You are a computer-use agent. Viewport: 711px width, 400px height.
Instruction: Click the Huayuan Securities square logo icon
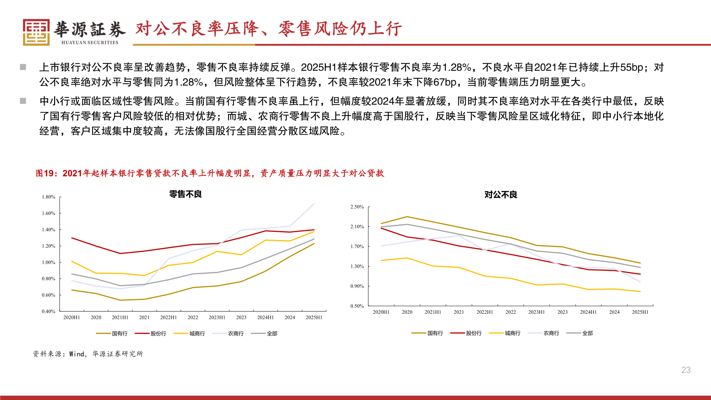click(36, 32)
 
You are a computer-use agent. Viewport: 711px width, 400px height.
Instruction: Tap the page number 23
click(686, 370)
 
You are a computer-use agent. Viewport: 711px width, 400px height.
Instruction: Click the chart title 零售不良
click(186, 194)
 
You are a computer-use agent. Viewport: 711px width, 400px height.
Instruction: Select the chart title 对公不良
click(501, 195)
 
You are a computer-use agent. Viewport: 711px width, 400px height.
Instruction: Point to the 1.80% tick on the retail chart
click(49, 197)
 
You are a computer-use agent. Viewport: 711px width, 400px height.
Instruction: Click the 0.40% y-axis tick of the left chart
click(49, 311)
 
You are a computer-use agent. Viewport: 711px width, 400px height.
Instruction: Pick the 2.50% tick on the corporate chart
click(357, 207)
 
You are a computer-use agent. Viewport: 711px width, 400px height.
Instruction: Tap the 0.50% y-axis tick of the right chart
click(357, 306)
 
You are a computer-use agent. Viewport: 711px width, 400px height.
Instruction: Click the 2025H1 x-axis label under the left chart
click(314, 317)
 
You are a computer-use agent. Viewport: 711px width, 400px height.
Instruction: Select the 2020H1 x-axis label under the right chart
click(381, 312)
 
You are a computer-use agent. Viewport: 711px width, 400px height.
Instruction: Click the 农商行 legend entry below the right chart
click(551, 333)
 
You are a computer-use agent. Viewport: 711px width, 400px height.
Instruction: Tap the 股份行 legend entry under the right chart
click(474, 333)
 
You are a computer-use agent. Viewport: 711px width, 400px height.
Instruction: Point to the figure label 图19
click(44, 173)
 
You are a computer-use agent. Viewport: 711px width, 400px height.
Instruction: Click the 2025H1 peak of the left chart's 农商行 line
click(314, 204)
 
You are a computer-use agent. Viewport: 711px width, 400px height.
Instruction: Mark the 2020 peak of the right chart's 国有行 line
click(407, 217)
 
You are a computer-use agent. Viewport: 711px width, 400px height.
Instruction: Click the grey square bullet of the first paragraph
click(23, 67)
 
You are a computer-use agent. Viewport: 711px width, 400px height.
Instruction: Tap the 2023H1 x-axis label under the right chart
click(536, 312)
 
